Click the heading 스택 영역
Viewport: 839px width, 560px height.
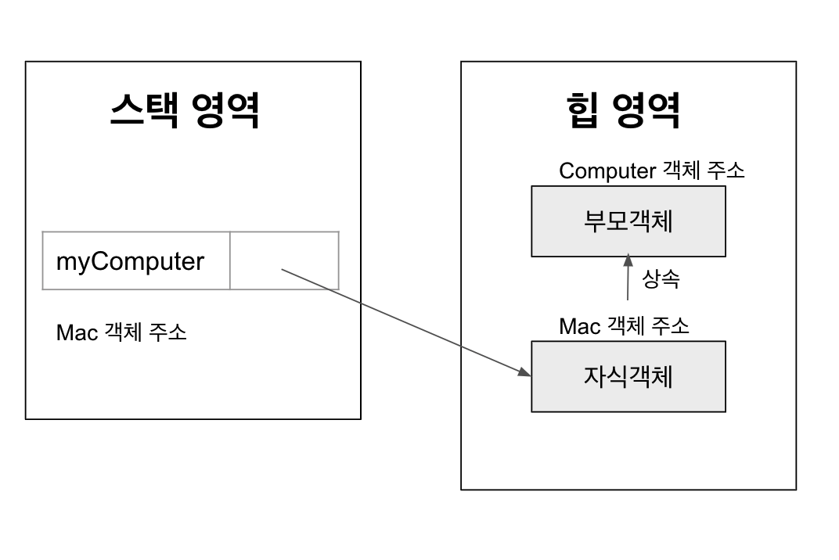(x=184, y=110)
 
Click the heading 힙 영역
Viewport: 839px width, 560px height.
(x=622, y=110)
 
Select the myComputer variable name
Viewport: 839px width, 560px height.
(x=130, y=261)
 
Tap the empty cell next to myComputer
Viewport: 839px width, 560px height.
(x=284, y=261)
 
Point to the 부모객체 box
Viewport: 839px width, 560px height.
(x=628, y=221)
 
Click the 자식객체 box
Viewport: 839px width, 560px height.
(x=628, y=376)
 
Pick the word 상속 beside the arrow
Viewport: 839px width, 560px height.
(x=661, y=279)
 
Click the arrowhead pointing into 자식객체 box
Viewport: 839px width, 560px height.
(x=524, y=372)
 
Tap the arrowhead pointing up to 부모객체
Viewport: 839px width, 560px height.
(x=628, y=260)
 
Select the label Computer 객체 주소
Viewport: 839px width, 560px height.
(x=652, y=171)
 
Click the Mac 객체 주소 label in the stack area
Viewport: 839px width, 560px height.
(x=121, y=332)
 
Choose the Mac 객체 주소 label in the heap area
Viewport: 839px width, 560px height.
(x=624, y=325)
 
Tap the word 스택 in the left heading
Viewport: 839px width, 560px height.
(x=138, y=110)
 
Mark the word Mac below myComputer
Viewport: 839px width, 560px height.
(x=77, y=332)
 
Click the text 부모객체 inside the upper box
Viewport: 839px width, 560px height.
(x=628, y=221)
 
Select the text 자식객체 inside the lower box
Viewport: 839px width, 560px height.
(x=628, y=376)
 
